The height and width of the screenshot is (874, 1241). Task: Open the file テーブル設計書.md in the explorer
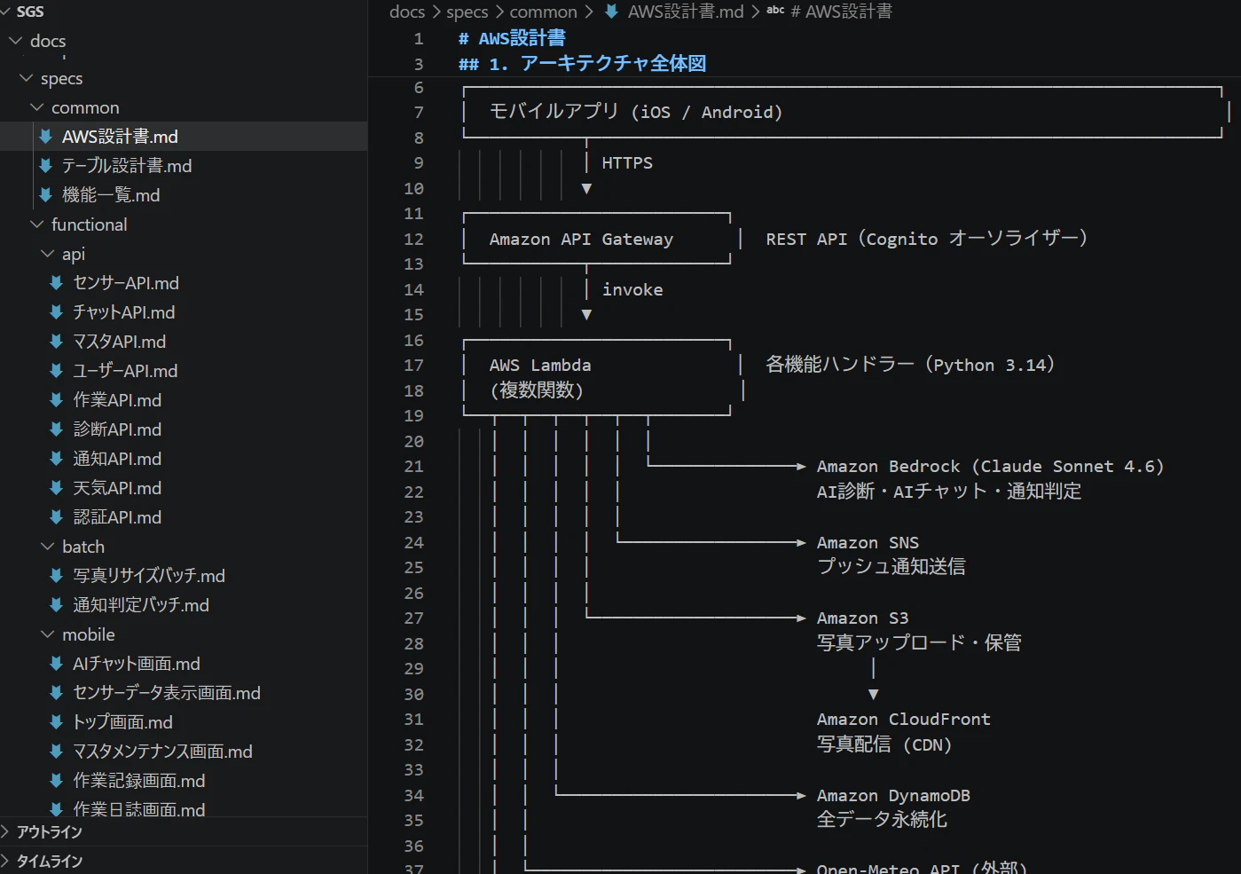pyautogui.click(x=127, y=166)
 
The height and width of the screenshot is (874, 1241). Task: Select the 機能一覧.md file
pyautogui.click(x=111, y=195)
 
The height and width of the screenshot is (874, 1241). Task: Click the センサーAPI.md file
pyautogui.click(x=126, y=283)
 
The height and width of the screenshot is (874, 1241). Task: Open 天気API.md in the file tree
pyautogui.click(x=117, y=488)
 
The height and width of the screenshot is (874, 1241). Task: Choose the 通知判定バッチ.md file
pyautogui.click(x=141, y=605)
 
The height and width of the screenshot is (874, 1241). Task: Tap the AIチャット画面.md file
pyautogui.click(x=137, y=664)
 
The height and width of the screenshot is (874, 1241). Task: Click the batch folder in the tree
pyautogui.click(x=83, y=547)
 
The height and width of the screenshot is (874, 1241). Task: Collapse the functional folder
pyautogui.click(x=90, y=224)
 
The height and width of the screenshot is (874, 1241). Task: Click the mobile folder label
pyautogui.click(x=89, y=634)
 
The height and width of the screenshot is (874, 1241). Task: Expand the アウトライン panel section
pyautogui.click(x=50, y=832)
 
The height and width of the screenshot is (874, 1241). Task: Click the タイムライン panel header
pyautogui.click(x=50, y=862)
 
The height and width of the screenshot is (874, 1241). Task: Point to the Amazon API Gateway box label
pyautogui.click(x=581, y=239)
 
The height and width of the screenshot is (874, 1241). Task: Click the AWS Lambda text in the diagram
pyautogui.click(x=540, y=366)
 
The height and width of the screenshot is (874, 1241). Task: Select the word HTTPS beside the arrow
pyautogui.click(x=627, y=163)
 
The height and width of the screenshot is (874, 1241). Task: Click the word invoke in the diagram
pyautogui.click(x=632, y=289)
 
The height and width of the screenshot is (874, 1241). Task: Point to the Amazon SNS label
pyautogui.click(x=868, y=542)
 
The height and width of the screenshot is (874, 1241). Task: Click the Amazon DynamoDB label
pyautogui.click(x=893, y=796)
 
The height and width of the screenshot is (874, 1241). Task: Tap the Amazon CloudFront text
pyautogui.click(x=903, y=720)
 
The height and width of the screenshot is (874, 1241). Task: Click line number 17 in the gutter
pyautogui.click(x=414, y=366)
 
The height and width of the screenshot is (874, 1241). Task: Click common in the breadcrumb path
pyautogui.click(x=543, y=12)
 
